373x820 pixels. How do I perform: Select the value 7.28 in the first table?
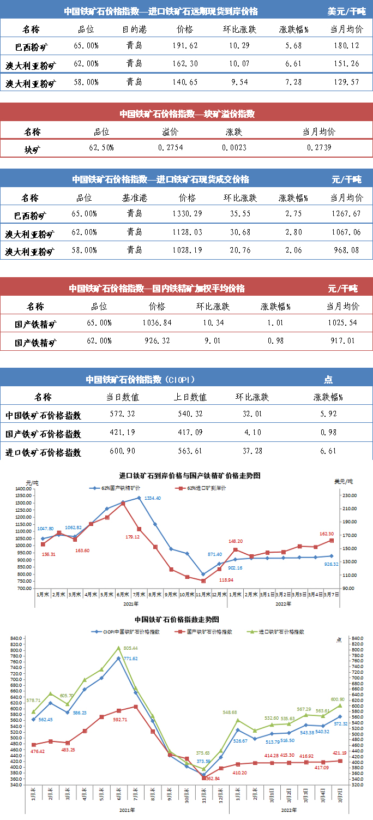[293, 82]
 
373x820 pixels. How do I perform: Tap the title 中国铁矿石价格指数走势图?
[177, 620]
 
